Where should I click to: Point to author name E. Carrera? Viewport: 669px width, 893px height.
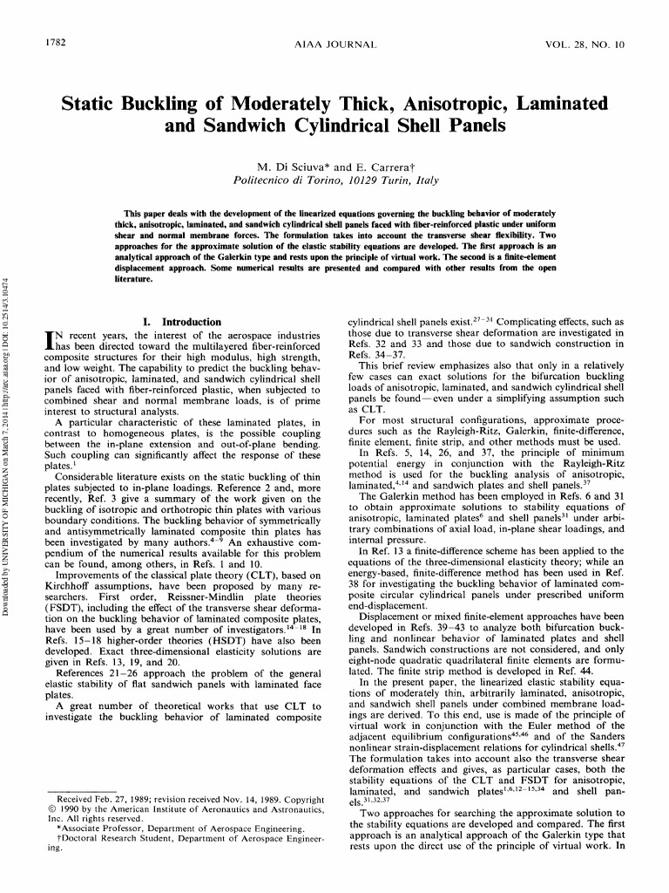(x=382, y=167)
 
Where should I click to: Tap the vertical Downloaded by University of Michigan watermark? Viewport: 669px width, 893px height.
(x=7, y=436)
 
